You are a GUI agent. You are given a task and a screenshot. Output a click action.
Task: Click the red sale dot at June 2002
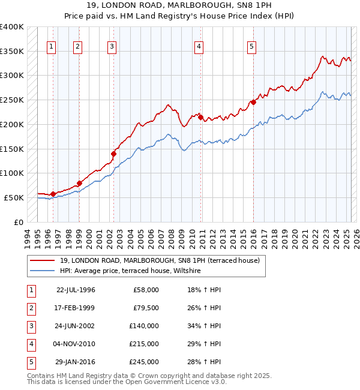(x=113, y=154)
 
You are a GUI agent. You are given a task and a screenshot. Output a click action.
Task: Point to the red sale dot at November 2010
(x=200, y=117)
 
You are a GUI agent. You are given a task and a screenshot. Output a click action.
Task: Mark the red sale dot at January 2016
(x=254, y=102)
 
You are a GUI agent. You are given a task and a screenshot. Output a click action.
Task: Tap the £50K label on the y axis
(x=14, y=197)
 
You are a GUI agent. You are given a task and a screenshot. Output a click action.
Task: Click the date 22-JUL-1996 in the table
(x=76, y=290)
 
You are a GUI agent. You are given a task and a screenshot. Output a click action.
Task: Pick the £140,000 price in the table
(x=144, y=326)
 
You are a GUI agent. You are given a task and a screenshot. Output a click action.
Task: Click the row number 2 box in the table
(x=30, y=308)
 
